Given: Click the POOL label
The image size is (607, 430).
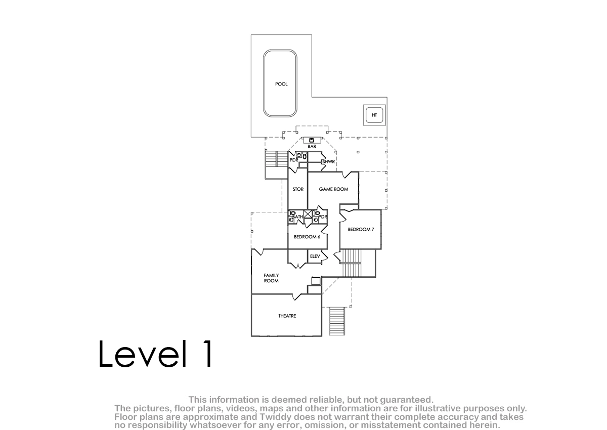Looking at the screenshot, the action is (281, 84).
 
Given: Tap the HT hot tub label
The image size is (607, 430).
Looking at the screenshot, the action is (374, 115).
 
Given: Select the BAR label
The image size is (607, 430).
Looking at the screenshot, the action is (312, 147).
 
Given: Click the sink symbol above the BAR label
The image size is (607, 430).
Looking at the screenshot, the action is (312, 140).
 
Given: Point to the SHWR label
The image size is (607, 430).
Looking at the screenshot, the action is (328, 162).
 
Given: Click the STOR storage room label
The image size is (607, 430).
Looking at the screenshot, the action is (298, 189).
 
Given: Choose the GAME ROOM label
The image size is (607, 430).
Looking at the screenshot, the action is (333, 189).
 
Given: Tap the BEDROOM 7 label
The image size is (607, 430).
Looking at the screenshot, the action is (361, 230).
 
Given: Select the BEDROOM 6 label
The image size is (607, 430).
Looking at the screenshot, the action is (307, 237).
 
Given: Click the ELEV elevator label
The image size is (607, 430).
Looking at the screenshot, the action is (315, 256).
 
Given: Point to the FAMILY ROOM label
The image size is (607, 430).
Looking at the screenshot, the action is (271, 278).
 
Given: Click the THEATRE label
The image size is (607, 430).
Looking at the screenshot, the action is (287, 316).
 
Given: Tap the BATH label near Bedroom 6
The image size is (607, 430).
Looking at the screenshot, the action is (297, 217).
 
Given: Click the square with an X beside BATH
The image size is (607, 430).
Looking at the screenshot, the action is (308, 214).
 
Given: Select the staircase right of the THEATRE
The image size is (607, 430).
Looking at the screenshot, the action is (337, 321).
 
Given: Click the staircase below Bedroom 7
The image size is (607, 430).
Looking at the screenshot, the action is (352, 263).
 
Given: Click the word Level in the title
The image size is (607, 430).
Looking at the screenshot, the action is (143, 354).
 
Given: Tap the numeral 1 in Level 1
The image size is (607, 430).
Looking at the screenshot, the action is (207, 354).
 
